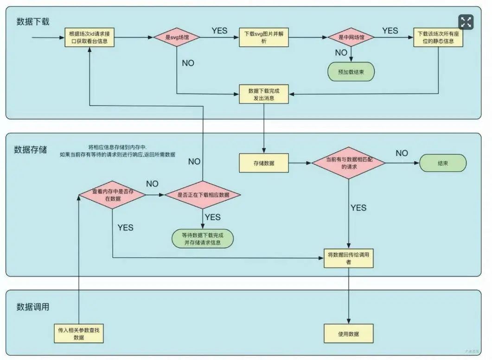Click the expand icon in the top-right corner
[x=466, y=22]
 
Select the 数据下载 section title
[x=32, y=21]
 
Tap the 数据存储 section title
[x=30, y=149]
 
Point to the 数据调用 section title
[x=32, y=307]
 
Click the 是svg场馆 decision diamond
[x=177, y=37]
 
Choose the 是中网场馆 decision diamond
[x=351, y=37]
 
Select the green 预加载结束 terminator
[x=351, y=71]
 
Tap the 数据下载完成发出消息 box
[x=263, y=94]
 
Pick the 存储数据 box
[x=263, y=163]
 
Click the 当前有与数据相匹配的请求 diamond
[x=349, y=163]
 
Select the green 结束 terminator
[x=443, y=163]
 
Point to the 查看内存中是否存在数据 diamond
[x=113, y=195]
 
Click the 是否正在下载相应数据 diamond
[x=203, y=195]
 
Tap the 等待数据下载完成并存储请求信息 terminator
[x=203, y=238]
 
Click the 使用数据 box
[x=349, y=334]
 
